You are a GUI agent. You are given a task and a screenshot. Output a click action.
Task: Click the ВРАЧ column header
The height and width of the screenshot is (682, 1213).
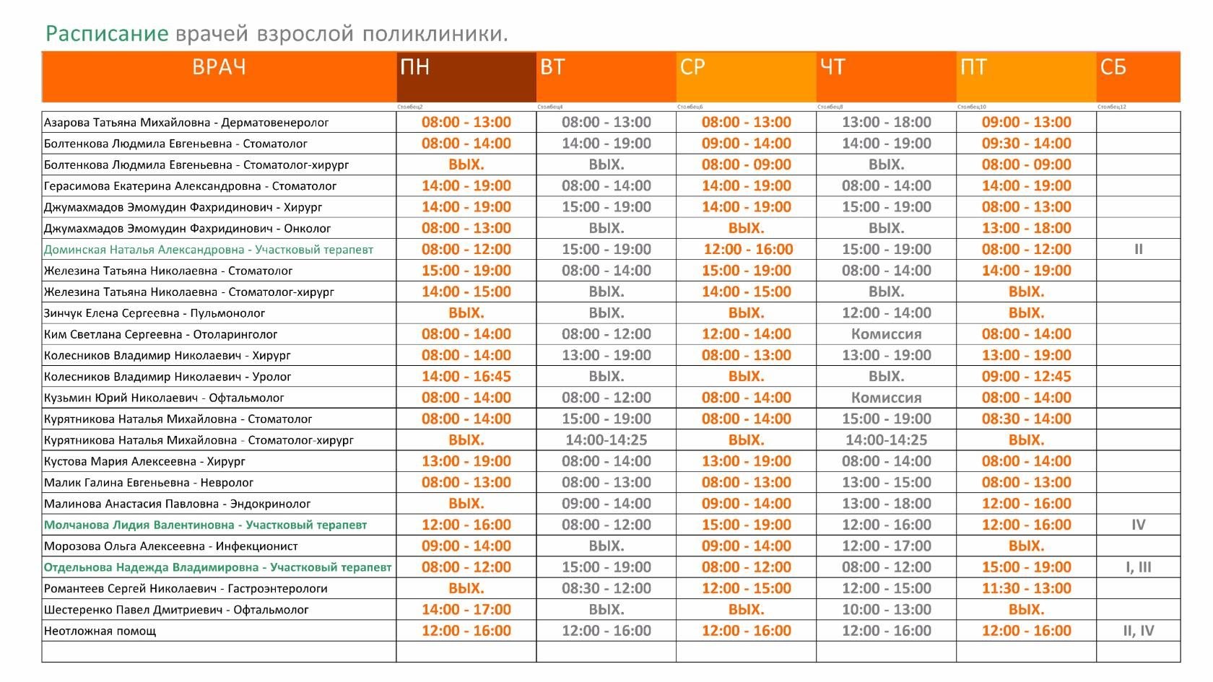point(219,67)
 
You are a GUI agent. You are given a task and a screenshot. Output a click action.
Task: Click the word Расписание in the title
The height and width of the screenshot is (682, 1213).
point(107,34)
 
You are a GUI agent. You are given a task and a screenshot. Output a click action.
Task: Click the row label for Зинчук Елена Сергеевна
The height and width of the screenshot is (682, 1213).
point(155,313)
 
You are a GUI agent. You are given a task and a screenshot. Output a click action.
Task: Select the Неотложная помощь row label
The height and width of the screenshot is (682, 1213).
point(100,631)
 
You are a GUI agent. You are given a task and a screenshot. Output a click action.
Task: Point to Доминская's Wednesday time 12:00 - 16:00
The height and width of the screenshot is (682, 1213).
point(748,250)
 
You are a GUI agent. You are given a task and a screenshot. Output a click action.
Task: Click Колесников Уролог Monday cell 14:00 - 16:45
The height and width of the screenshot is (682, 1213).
point(466,377)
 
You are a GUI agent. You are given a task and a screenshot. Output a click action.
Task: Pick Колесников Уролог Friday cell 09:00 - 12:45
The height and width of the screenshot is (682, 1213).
point(1026,377)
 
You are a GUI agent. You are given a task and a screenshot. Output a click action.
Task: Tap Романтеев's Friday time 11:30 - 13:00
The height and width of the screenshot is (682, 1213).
point(1026,589)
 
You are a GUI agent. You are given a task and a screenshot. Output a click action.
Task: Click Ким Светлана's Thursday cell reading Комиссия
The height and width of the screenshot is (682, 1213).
point(886,334)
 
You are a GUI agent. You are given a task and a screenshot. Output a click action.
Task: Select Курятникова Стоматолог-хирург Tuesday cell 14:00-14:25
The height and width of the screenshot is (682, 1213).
point(606,440)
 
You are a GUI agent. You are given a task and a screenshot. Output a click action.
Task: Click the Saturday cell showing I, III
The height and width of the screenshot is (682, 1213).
point(1138,567)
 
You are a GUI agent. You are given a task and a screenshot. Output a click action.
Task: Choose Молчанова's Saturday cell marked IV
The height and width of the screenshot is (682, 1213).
point(1138,525)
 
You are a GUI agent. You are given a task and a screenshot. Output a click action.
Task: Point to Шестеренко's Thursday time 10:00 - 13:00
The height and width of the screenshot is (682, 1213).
point(886,610)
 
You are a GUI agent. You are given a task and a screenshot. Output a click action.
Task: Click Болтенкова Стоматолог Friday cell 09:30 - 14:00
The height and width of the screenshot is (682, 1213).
point(1026,144)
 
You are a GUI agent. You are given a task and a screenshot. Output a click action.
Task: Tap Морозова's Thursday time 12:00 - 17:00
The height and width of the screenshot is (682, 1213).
point(886,546)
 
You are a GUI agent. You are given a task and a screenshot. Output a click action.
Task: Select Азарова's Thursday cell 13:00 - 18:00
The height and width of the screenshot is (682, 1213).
point(886,123)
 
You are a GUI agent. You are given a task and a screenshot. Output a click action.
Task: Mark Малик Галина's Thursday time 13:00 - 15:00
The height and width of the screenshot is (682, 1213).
point(886,483)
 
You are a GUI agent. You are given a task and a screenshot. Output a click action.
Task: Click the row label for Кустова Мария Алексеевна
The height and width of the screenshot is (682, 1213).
point(144,462)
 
